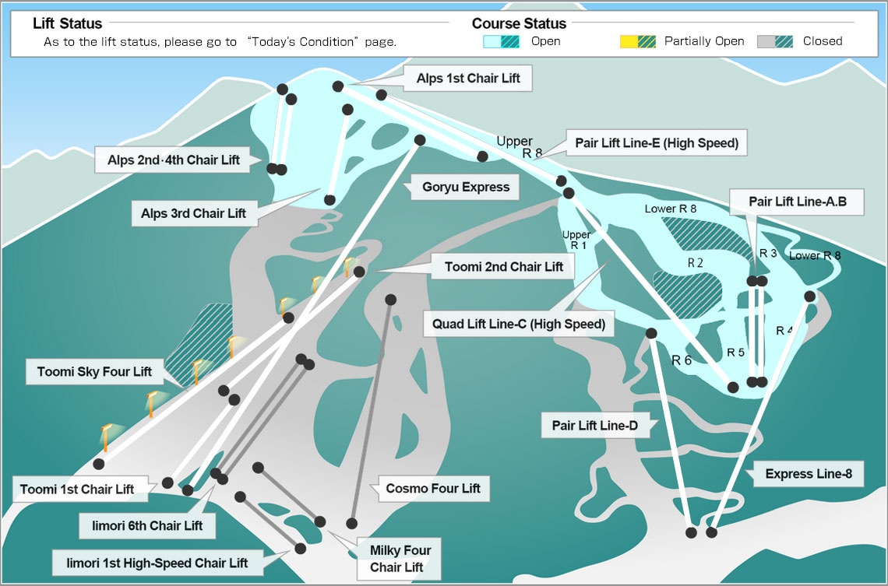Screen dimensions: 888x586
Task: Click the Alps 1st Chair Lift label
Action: click(x=468, y=78)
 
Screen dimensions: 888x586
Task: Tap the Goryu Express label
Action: click(x=466, y=188)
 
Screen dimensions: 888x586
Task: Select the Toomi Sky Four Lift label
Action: click(x=94, y=372)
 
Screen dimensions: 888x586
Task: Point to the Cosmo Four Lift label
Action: click(x=432, y=488)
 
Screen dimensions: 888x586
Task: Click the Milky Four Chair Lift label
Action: click(x=399, y=558)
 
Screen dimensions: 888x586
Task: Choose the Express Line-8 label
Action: click(x=808, y=473)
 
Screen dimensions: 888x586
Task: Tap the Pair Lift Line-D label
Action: click(x=594, y=426)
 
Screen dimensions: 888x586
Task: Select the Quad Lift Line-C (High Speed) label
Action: click(x=519, y=324)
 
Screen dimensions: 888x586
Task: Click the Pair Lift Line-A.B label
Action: click(x=797, y=202)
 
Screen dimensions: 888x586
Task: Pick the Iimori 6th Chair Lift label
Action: click(x=147, y=525)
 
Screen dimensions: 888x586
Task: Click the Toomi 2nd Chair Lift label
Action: click(x=503, y=266)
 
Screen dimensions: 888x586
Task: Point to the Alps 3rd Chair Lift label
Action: click(x=194, y=213)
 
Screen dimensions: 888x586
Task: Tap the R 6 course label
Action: click(x=682, y=360)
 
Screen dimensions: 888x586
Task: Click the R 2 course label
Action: click(x=696, y=263)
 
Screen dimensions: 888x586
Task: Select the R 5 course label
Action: click(x=735, y=353)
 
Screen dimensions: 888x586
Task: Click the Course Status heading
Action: click(x=519, y=23)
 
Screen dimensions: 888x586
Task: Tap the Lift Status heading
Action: click(x=68, y=23)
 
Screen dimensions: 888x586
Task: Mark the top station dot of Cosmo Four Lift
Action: click(x=391, y=300)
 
